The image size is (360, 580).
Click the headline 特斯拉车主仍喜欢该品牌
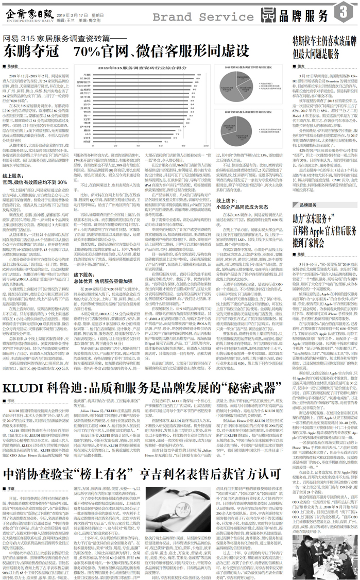coord(322,43)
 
